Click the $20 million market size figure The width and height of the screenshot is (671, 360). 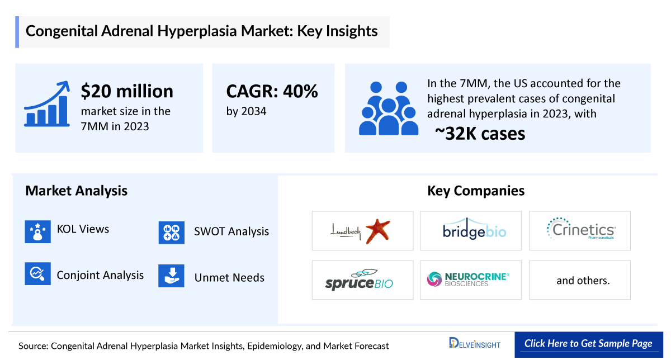coord(127,91)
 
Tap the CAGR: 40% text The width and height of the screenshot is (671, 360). coord(272,91)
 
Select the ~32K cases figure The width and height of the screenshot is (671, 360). coord(480,134)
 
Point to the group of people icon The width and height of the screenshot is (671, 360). coord(387,108)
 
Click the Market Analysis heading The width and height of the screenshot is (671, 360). coord(76,191)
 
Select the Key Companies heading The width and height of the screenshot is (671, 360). coord(476,191)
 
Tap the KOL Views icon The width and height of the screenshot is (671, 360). coord(38,231)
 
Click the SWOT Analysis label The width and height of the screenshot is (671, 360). coord(231,231)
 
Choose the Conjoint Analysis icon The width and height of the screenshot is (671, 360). coord(38,274)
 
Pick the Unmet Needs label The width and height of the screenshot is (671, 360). coord(229,278)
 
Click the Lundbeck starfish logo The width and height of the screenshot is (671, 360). coord(362,230)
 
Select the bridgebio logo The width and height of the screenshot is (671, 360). coord(470,230)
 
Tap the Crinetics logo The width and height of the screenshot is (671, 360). coord(579,230)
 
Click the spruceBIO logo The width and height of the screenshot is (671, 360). coord(359,280)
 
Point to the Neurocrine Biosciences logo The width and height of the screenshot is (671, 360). coord(469,279)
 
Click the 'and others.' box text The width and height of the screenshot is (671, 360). coord(583,281)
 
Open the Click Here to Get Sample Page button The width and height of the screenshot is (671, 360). coord(588,344)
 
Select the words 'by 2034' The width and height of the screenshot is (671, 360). coord(246,111)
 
